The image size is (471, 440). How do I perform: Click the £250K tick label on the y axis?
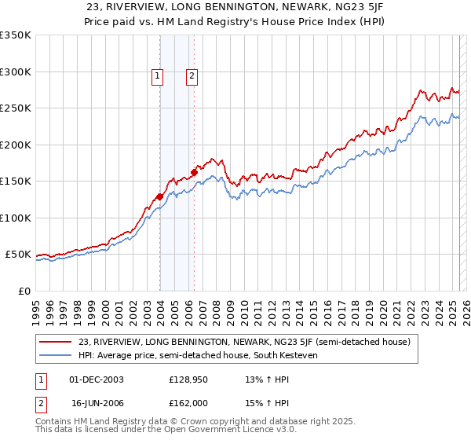click(16, 108)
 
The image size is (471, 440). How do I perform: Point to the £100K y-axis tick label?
click(16, 218)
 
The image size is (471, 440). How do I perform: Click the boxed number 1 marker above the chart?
click(158, 76)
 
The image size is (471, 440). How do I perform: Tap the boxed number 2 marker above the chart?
click(192, 76)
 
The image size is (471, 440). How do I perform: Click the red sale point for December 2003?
click(159, 197)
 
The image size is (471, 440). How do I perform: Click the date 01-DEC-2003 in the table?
click(97, 379)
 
